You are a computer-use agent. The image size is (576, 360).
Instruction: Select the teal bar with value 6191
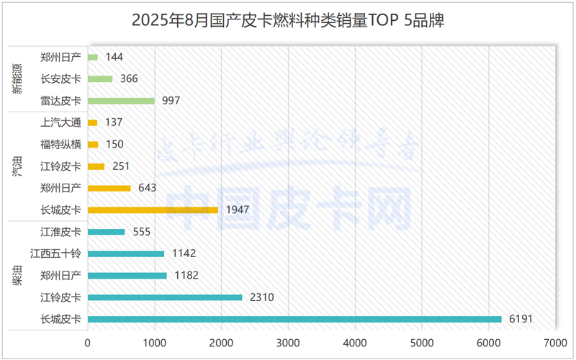click(x=294, y=319)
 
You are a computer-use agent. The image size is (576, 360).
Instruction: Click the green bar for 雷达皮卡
click(x=121, y=101)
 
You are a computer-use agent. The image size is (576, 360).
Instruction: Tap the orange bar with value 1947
click(x=153, y=210)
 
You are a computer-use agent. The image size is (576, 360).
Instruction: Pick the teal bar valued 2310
click(x=165, y=297)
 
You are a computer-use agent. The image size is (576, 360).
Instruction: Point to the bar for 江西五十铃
click(x=126, y=253)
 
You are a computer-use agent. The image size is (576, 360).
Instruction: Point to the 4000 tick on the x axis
click(x=355, y=344)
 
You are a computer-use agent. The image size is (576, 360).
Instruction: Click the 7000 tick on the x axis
click(x=555, y=344)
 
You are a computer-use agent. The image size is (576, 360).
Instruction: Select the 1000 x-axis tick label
click(x=155, y=344)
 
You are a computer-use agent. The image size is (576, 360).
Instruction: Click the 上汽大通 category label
click(x=61, y=122)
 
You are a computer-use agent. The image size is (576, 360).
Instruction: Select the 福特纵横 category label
click(x=61, y=144)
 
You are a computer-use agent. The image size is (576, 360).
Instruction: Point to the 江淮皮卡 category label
click(x=61, y=232)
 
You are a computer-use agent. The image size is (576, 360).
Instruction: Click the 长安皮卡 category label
click(x=61, y=78)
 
